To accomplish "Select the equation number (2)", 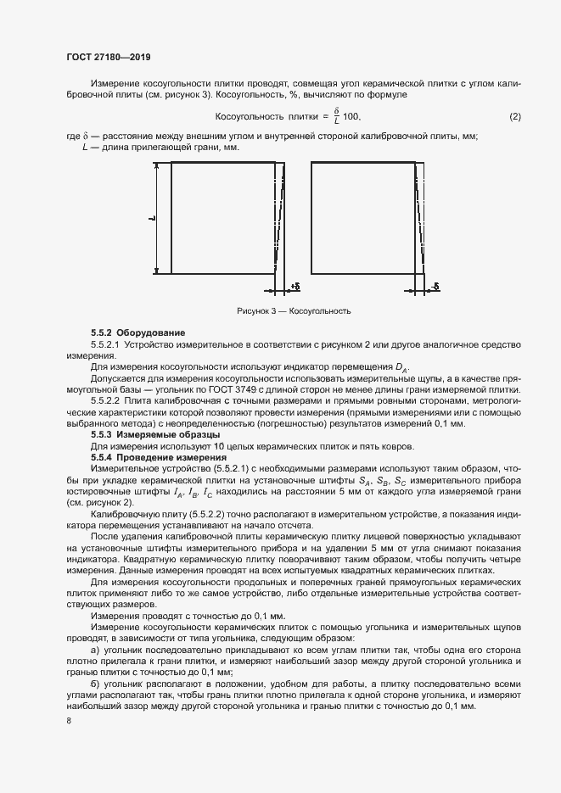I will tap(514, 115).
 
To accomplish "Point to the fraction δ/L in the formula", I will tap(336, 115).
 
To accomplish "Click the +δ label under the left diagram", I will tap(295, 286).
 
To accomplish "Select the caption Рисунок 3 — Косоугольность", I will tap(294, 311).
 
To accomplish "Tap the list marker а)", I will tap(95, 648).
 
